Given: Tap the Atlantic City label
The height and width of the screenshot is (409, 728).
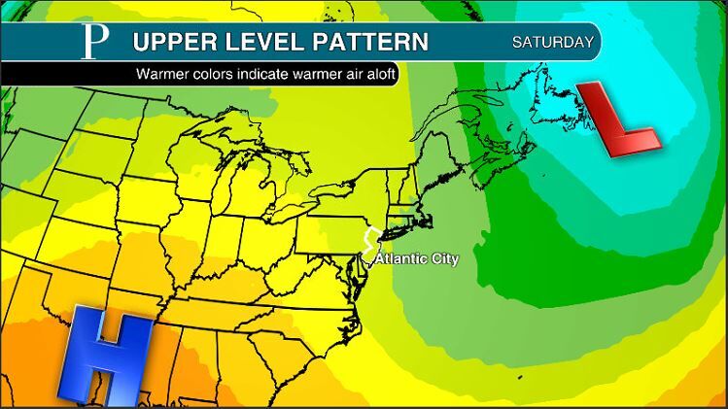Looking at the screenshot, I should (416, 259).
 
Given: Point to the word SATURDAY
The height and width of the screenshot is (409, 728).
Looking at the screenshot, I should (552, 43).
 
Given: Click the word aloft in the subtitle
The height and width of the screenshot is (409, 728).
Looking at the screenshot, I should (378, 74).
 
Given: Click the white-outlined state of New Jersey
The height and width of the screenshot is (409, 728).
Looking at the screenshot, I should (368, 244).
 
